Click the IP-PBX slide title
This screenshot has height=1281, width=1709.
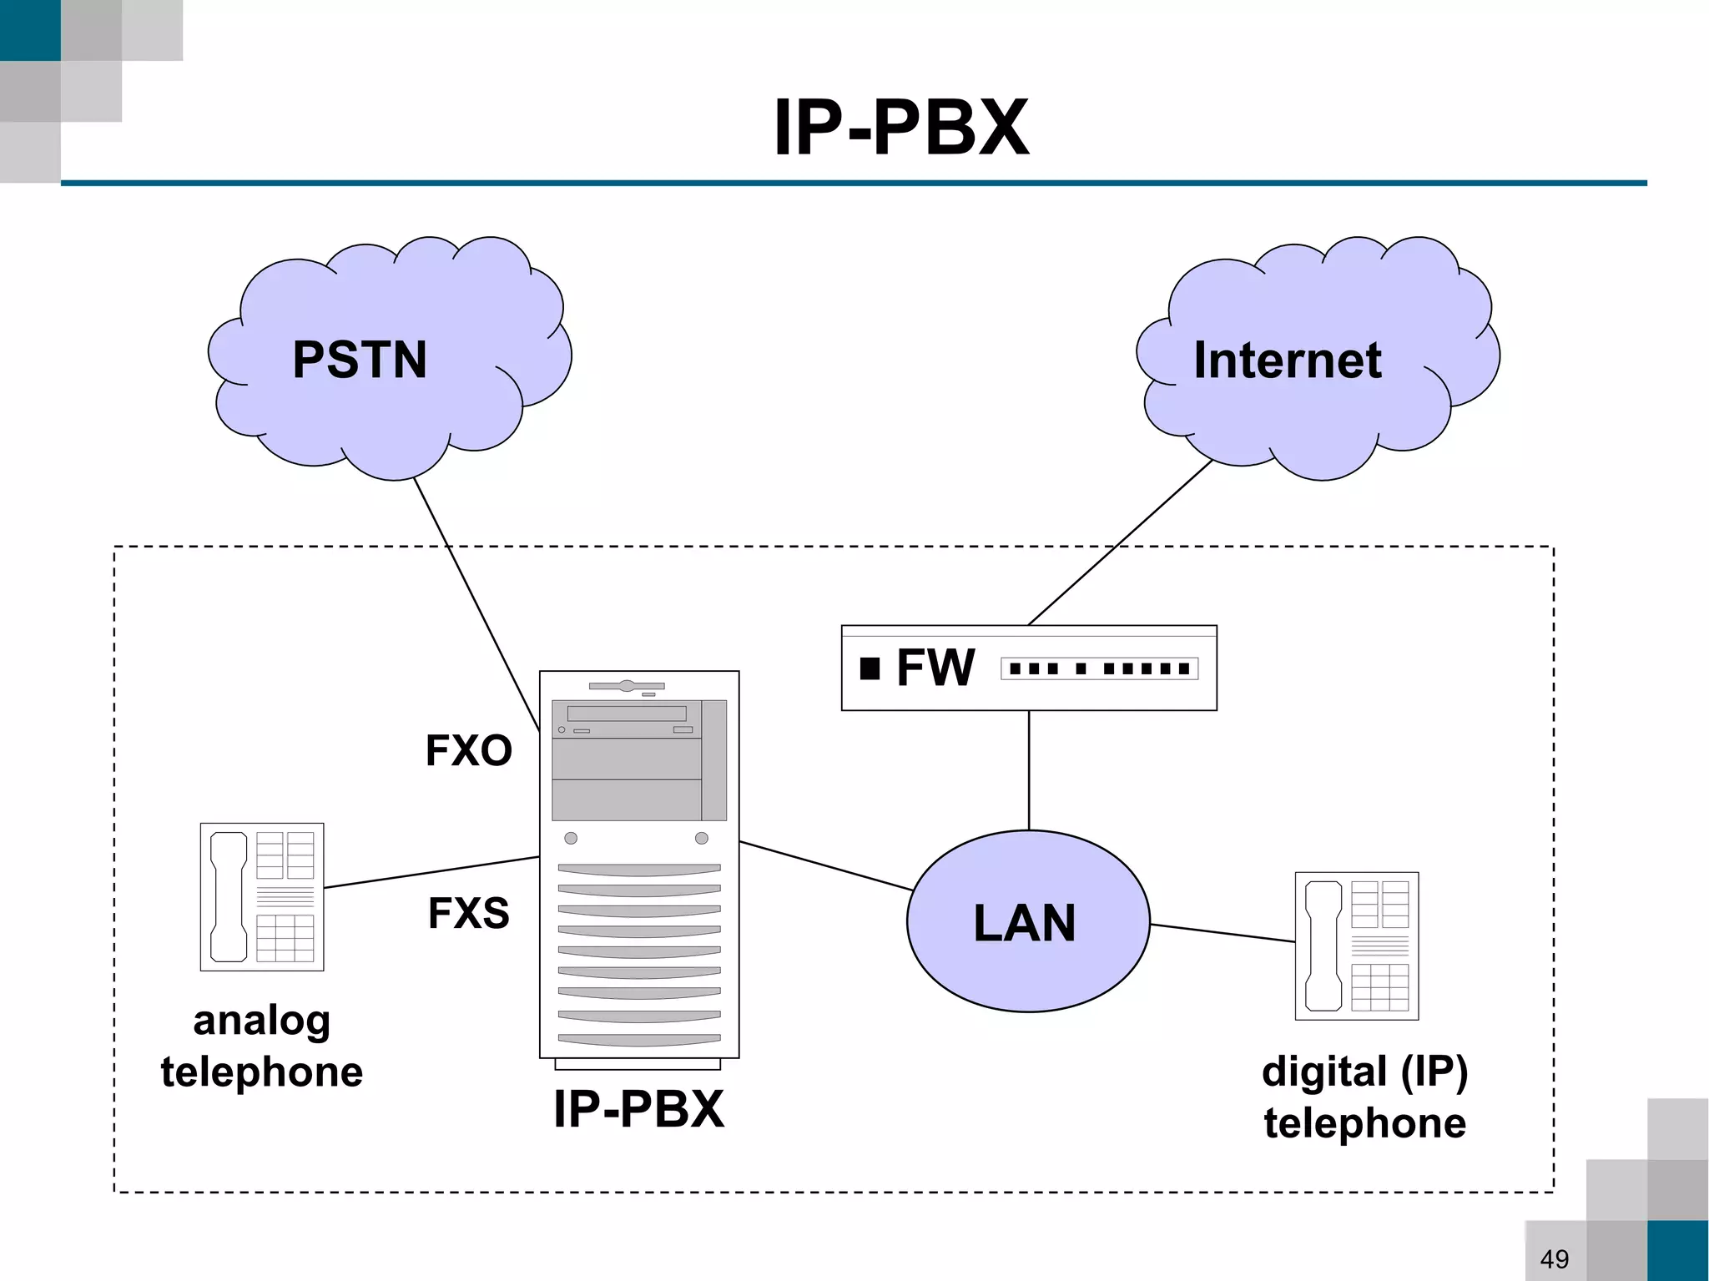[x=901, y=128]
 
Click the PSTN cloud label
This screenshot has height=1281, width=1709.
[x=360, y=360]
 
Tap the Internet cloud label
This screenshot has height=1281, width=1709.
[x=1287, y=360]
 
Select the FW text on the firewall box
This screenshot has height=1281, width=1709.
[x=935, y=668]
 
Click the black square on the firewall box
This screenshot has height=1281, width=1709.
[x=870, y=668]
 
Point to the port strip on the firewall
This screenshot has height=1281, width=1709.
[x=1099, y=668]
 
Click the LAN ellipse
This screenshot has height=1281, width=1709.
[x=1028, y=960]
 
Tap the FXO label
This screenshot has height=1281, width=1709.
[x=468, y=750]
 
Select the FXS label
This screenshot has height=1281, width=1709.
[x=468, y=912]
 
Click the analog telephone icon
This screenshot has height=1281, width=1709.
[x=262, y=896]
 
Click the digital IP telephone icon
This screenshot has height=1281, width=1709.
[x=1356, y=946]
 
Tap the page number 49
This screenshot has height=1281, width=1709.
[x=1554, y=1258]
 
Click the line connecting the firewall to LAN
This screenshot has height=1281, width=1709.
[x=1029, y=769]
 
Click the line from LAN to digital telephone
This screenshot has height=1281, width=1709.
[x=1222, y=933]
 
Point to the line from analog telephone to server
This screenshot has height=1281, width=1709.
[x=431, y=872]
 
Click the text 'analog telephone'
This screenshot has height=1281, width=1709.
[x=262, y=1046]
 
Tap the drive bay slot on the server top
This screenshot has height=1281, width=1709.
[x=627, y=714]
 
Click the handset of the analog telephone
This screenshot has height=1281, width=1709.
[x=228, y=896]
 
